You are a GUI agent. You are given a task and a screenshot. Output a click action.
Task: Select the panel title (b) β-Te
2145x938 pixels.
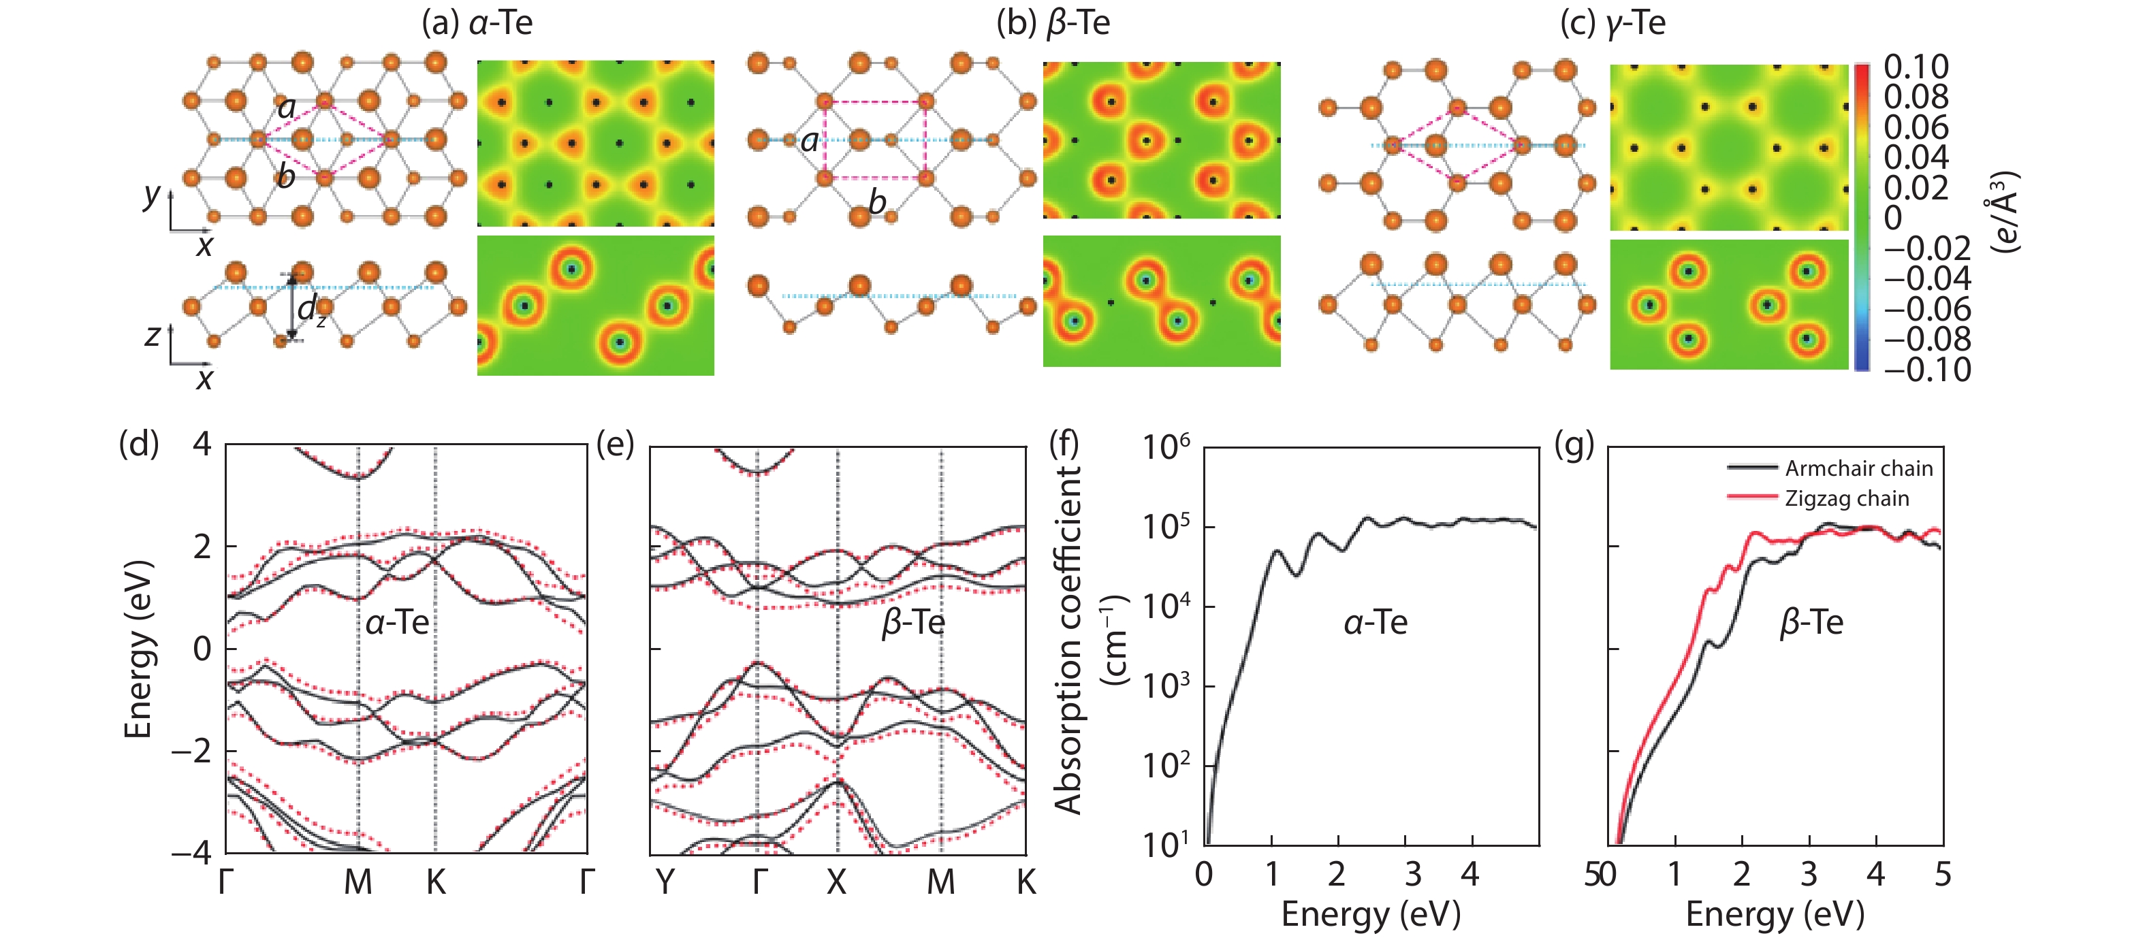1053,23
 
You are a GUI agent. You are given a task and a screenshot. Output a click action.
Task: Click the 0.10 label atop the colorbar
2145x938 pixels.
1916,67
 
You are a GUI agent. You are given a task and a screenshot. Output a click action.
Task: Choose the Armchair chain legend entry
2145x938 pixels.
1858,468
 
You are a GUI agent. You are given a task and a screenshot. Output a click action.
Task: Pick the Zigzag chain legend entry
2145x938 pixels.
1846,498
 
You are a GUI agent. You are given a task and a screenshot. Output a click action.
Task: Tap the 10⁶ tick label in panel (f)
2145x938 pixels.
1165,449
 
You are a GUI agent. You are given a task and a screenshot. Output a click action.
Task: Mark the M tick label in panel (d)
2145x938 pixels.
358,882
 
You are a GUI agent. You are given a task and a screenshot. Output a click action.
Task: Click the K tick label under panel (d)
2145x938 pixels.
436,882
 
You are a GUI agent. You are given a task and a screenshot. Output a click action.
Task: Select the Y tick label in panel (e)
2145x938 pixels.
665,882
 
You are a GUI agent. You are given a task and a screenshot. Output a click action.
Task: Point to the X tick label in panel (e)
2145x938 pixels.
836,882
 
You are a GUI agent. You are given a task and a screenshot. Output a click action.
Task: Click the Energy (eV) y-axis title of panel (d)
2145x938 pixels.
138,649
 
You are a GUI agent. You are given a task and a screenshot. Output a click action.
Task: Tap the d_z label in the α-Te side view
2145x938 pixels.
311,310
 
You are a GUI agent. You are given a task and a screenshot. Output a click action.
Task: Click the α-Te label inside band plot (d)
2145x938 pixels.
397,623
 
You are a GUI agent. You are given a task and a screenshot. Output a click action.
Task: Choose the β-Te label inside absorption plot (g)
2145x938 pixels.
1811,623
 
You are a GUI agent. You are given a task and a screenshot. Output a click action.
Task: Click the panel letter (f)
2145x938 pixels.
1064,445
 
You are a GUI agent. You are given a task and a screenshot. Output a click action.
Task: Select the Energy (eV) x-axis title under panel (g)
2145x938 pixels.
1775,915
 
